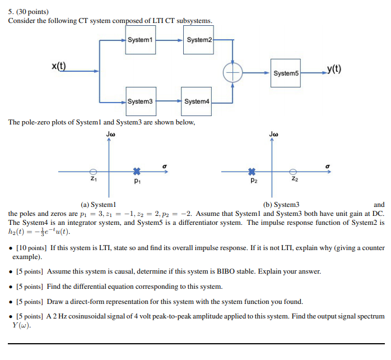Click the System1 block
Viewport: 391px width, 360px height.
click(x=140, y=40)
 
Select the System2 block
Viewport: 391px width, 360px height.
click(x=199, y=40)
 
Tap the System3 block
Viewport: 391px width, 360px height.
click(x=140, y=101)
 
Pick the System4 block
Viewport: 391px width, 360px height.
click(x=196, y=101)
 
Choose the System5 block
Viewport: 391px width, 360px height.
click(x=286, y=73)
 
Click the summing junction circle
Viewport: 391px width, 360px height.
click(x=232, y=72)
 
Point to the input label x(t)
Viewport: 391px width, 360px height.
click(x=58, y=67)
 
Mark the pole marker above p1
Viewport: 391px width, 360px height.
click(x=136, y=171)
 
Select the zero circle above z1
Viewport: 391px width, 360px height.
click(x=94, y=171)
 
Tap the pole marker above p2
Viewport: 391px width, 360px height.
click(x=252, y=171)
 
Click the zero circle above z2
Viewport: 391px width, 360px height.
click(x=292, y=171)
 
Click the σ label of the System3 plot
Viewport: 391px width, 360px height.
click(x=327, y=165)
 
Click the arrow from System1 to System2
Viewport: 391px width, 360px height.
click(x=168, y=40)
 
